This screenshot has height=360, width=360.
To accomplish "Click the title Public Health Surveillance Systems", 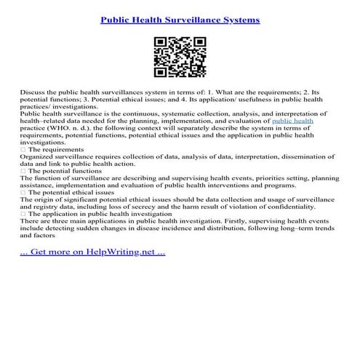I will pos(180,20).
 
